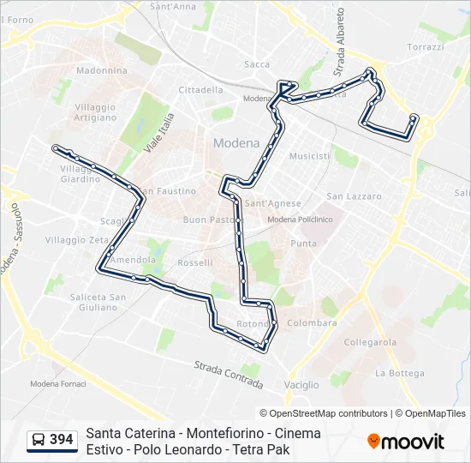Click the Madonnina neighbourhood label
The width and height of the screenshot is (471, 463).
coord(102,71)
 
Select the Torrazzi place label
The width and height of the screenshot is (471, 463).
coord(426,47)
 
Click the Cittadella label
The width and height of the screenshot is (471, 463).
coord(200,89)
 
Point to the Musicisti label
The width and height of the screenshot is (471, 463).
coord(309,157)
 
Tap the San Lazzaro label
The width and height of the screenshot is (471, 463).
coord(354,196)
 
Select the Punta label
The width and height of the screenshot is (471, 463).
coord(303,244)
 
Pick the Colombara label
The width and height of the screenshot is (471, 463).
coord(312,323)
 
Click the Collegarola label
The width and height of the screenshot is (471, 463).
coord(370,342)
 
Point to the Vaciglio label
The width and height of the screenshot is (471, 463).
coord(300,385)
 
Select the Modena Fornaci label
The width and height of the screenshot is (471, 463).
coord(58,383)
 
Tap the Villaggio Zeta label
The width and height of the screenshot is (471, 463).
coord(76,240)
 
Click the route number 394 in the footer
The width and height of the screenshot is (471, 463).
coord(62,440)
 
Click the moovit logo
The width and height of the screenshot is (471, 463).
coord(406,442)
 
